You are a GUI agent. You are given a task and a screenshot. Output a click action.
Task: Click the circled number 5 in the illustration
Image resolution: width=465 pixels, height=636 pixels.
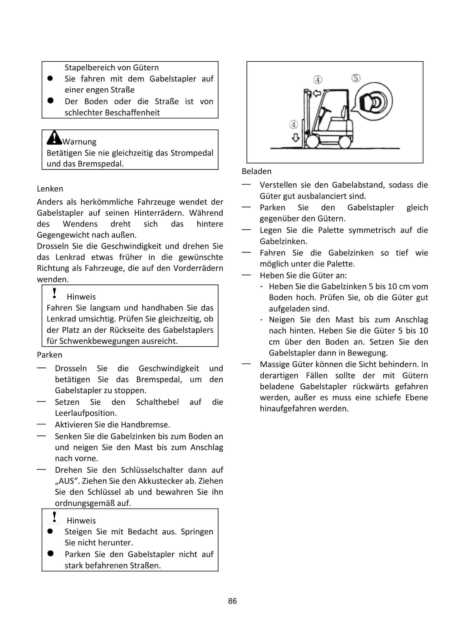click(x=356, y=78)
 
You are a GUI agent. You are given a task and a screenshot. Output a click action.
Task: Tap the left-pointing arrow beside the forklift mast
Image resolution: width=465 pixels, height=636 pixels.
click(x=317, y=94)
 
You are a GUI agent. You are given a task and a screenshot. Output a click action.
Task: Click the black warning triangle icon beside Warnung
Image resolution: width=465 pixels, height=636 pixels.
click(x=54, y=138)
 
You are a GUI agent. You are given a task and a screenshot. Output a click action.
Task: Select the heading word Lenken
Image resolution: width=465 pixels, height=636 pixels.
click(x=50, y=189)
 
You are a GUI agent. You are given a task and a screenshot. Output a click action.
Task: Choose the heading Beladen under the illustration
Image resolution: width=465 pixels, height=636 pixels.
click(x=256, y=171)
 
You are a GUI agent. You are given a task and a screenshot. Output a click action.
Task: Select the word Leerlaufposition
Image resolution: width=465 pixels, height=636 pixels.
click(x=86, y=413)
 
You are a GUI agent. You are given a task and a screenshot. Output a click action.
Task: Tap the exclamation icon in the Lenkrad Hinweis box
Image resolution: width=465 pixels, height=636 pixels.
click(x=55, y=293)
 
